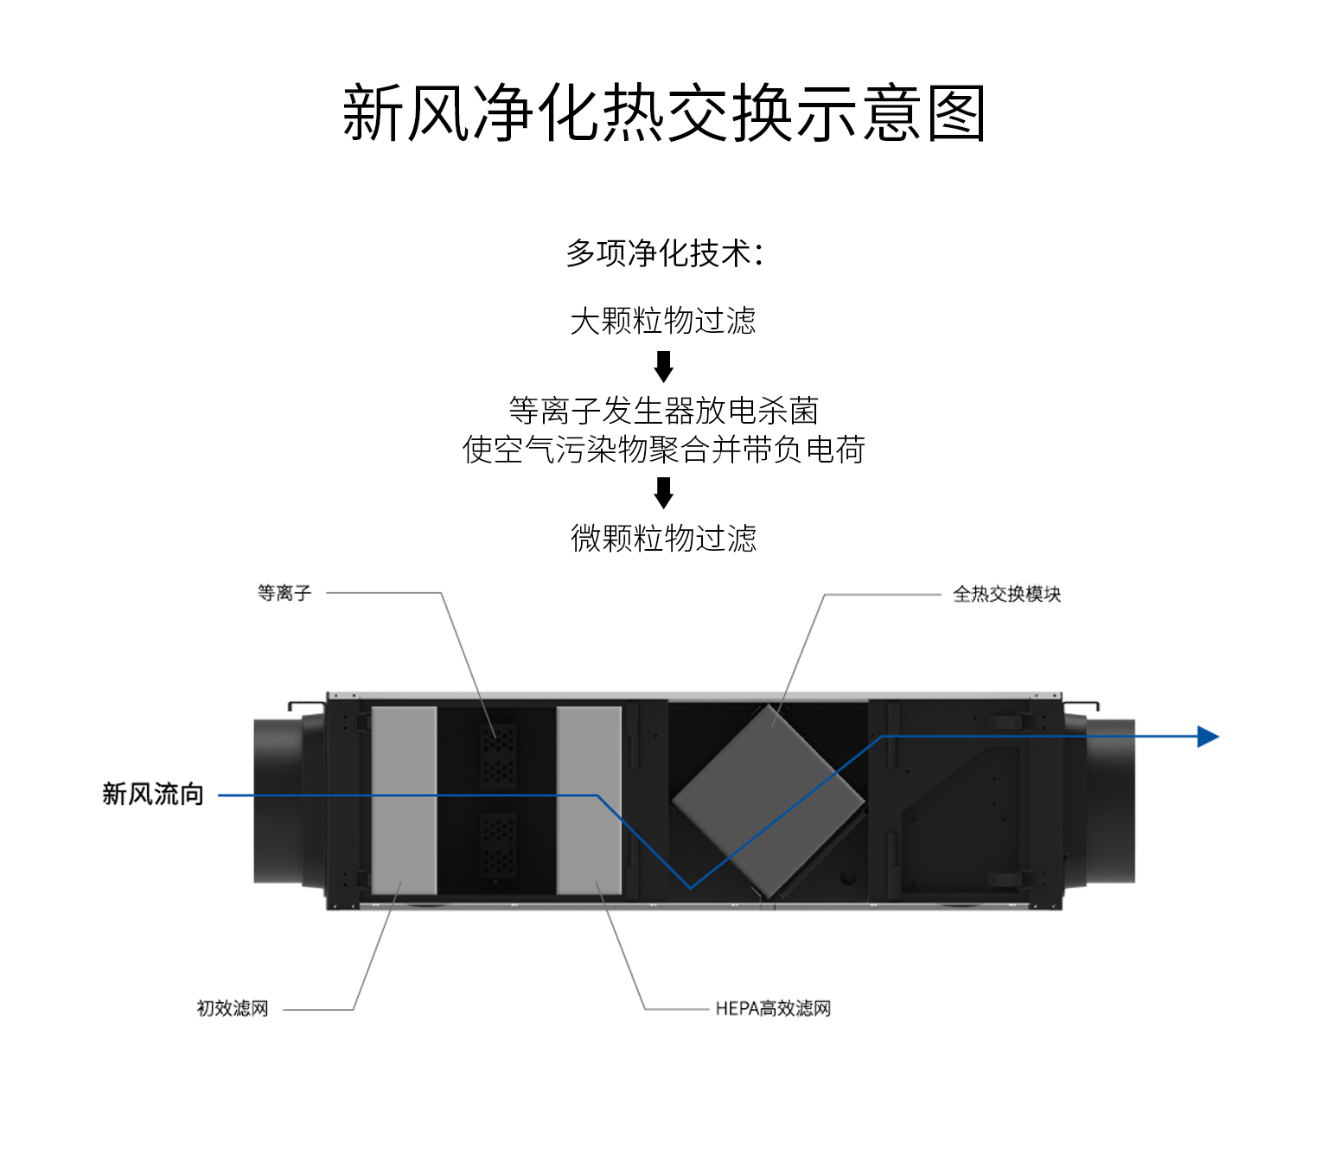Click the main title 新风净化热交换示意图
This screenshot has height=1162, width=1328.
pyautogui.click(x=663, y=113)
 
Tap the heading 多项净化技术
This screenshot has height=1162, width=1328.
pyautogui.click(x=659, y=252)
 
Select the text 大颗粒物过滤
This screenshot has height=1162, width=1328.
pyautogui.click(x=663, y=321)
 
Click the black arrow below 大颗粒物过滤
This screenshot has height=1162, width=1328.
pyautogui.click(x=663, y=367)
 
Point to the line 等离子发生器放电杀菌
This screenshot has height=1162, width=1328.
pyautogui.click(x=663, y=411)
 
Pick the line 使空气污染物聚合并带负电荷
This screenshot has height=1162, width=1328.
pyautogui.click(x=663, y=450)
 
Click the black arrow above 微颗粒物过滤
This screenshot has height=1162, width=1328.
pyautogui.click(x=663, y=493)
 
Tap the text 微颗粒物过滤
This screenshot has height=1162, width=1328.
pyautogui.click(x=663, y=538)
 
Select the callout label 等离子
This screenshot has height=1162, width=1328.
pyautogui.click(x=284, y=593)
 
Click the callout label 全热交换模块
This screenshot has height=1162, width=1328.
pyautogui.click(x=1006, y=594)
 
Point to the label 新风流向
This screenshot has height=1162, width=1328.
pyautogui.click(x=152, y=794)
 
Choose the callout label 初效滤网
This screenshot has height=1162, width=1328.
pyautogui.click(x=233, y=1008)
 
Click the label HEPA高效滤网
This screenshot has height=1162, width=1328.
pyautogui.click(x=773, y=1008)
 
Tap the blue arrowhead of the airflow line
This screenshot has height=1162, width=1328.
pyautogui.click(x=1208, y=737)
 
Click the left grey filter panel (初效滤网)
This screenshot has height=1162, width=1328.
pyautogui.click(x=404, y=801)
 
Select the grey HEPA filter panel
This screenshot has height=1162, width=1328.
pyautogui.click(x=589, y=801)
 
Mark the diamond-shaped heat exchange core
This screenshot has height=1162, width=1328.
pyautogui.click(x=769, y=801)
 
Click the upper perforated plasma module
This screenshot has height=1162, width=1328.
pyautogui.click(x=498, y=754)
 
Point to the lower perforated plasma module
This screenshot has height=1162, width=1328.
pyautogui.click(x=498, y=844)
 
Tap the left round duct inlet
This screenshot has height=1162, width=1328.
pyautogui.click(x=278, y=801)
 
